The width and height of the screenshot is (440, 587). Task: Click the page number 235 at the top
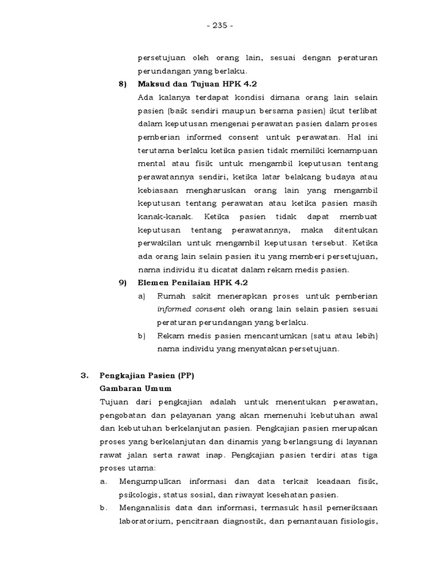click(x=220, y=26)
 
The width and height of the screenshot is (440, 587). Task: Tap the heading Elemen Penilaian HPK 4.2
click(x=192, y=283)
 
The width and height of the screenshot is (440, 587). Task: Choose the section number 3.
click(x=85, y=375)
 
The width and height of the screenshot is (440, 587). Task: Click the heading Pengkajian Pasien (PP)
click(x=146, y=375)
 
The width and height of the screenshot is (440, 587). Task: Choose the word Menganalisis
click(x=149, y=507)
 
